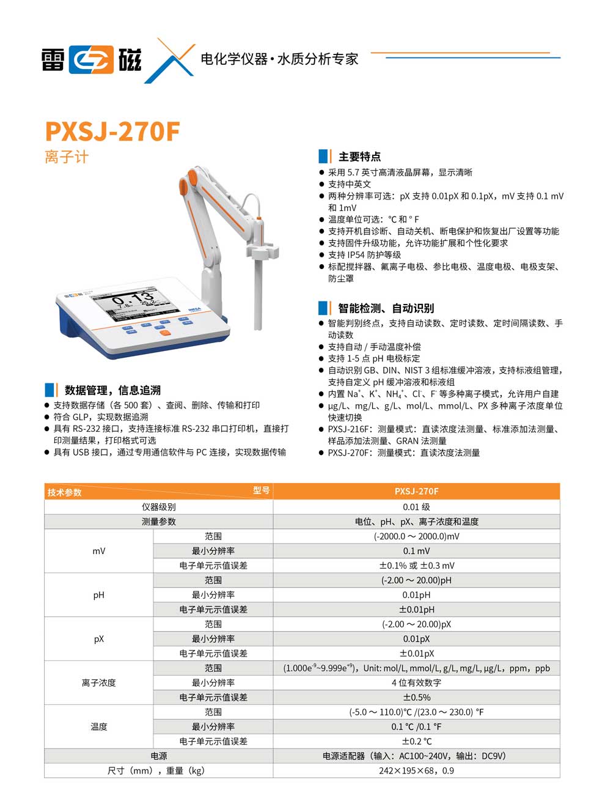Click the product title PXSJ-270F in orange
[x=112, y=131]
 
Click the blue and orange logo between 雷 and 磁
[x=92, y=60]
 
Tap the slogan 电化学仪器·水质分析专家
[x=279, y=59]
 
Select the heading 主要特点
[x=359, y=157]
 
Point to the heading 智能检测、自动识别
[x=386, y=308]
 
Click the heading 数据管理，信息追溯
[x=112, y=390]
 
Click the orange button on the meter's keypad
[x=165, y=333]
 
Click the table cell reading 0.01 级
[x=416, y=507]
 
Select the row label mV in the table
[x=99, y=551]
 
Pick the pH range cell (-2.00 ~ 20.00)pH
[x=416, y=580]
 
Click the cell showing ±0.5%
[x=416, y=697]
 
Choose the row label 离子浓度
[x=99, y=682]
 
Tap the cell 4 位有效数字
[x=416, y=682]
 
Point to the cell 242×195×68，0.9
[x=416, y=770]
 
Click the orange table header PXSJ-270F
[x=416, y=491]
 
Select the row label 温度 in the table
[x=99, y=726]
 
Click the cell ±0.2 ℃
[x=416, y=741]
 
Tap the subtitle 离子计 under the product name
[x=67, y=157]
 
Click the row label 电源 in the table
[x=159, y=756]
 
